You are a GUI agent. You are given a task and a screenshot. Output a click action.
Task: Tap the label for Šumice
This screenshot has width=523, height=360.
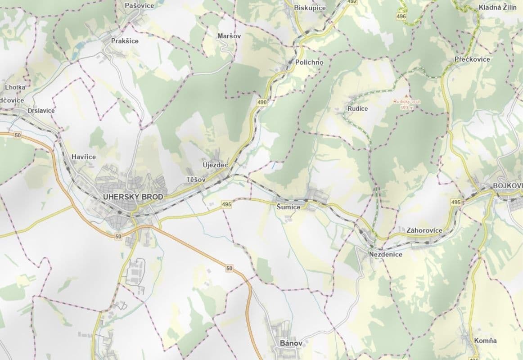288,207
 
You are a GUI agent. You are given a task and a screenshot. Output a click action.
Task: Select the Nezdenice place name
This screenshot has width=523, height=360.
385,254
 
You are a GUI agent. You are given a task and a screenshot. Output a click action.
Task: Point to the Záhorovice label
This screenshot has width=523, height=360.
424,230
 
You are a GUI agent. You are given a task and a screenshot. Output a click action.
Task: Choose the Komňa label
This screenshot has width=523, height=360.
485,340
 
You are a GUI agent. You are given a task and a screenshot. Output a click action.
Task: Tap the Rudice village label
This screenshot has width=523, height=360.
357,108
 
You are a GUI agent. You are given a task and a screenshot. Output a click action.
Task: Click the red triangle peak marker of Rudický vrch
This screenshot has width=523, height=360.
406,96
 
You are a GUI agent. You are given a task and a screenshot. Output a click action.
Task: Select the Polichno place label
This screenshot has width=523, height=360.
309,62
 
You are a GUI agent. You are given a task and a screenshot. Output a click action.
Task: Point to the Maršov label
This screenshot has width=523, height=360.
229,36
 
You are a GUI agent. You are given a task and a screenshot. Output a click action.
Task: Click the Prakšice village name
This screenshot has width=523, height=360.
125,40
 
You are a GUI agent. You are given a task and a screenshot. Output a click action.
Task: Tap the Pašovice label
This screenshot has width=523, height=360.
139,5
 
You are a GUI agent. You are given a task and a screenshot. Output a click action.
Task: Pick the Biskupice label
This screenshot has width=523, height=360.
309,8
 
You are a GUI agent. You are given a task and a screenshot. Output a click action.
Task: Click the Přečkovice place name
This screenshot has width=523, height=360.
472,59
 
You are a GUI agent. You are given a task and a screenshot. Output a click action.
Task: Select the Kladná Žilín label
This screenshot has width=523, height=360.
497,8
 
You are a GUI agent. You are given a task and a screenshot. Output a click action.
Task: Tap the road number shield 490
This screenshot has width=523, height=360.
262,103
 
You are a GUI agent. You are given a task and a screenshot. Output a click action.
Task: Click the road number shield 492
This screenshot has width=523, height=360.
352,2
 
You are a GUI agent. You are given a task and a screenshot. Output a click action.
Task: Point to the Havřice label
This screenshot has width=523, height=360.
84,157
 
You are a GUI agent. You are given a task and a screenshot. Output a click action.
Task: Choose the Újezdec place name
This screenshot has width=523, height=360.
215,165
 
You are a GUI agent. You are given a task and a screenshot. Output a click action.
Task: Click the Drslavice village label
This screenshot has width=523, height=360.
41,110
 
